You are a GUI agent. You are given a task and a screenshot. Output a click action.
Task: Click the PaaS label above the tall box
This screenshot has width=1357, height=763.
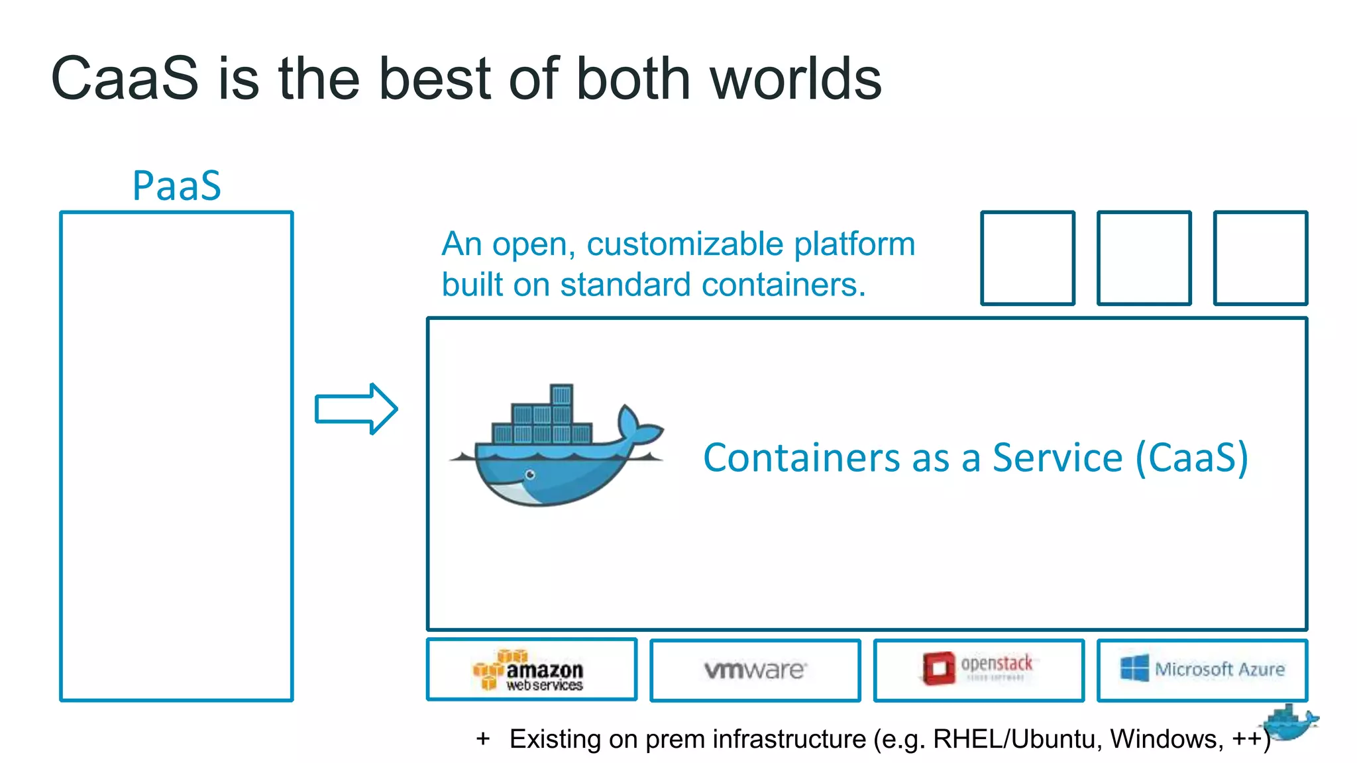click(x=176, y=185)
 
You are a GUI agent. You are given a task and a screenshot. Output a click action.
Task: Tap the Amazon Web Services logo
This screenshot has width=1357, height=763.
click(x=529, y=671)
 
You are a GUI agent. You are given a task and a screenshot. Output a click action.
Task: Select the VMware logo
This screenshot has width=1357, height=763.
click(x=755, y=670)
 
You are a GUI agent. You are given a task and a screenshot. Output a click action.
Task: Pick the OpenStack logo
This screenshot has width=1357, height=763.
click(x=978, y=668)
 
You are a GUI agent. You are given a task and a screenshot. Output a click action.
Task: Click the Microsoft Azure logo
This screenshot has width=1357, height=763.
click(x=1202, y=669)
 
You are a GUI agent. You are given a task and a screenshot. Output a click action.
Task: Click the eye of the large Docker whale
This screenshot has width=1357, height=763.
click(x=530, y=474)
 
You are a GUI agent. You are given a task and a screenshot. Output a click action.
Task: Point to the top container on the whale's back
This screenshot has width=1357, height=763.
click(x=561, y=395)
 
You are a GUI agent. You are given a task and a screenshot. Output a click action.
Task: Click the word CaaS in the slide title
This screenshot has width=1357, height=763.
click(x=125, y=79)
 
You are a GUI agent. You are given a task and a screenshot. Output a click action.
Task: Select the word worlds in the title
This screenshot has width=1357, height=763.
click(x=795, y=79)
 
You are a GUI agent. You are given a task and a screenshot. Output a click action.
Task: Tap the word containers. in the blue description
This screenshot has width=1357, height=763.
click(x=783, y=285)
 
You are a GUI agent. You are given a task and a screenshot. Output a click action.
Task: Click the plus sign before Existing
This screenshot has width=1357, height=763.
click(x=483, y=738)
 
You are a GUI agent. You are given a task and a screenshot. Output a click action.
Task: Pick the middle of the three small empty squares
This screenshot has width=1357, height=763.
click(x=1144, y=258)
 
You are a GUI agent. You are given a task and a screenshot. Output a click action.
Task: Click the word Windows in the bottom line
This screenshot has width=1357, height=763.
click(x=1166, y=738)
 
